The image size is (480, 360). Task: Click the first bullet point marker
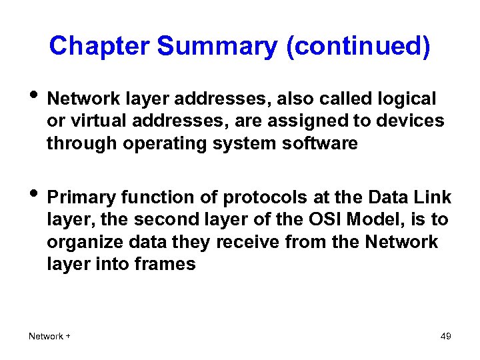[x=33, y=100]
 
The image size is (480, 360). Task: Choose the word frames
[x=164, y=264]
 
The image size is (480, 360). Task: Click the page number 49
[x=446, y=336]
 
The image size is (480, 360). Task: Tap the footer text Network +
[x=49, y=336]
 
